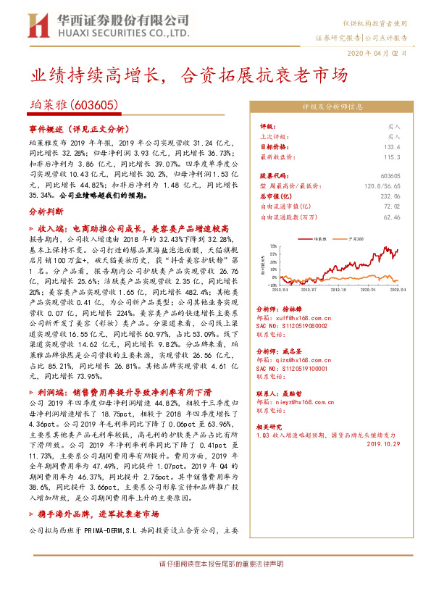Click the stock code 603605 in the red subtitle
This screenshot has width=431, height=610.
coord(94,105)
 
